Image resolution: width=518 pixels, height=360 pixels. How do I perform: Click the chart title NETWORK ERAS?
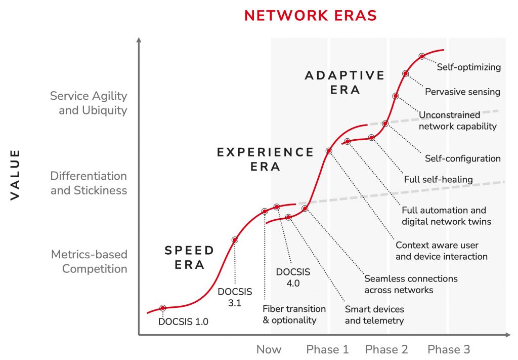pyautogui.click(x=310, y=15)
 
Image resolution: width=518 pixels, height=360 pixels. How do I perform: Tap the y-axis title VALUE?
pyautogui.click(x=15, y=174)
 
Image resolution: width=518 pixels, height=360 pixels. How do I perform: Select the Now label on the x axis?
pyautogui.click(x=269, y=349)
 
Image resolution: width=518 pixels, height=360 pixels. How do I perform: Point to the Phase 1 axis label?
pyautogui.click(x=327, y=349)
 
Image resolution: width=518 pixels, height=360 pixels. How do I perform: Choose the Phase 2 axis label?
pyautogui.click(x=386, y=349)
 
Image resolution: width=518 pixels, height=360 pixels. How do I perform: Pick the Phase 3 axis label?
pyautogui.click(x=448, y=349)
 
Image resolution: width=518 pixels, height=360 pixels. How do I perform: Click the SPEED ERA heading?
pyautogui.click(x=190, y=257)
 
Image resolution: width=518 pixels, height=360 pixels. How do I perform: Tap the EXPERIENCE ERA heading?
pyautogui.click(x=266, y=159)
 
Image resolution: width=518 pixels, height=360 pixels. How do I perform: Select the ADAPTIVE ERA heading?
pyautogui.click(x=345, y=83)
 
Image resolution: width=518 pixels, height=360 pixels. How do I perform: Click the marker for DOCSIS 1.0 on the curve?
pyautogui.click(x=163, y=308)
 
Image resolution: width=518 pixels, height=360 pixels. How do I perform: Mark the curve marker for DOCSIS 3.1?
pyautogui.click(x=234, y=239)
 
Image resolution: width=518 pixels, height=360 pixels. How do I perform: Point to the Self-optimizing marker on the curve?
pyautogui.click(x=422, y=56)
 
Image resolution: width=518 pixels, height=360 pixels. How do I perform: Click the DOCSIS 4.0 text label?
pyautogui.click(x=293, y=277)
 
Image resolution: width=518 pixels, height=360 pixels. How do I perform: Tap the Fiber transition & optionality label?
pyautogui.click(x=294, y=314)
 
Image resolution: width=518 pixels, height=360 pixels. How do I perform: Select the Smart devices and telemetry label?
pyautogui.click(x=374, y=314)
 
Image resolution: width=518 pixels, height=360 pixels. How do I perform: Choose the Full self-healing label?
pyautogui.click(x=438, y=179)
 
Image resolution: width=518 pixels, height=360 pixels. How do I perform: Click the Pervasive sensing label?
pyautogui.click(x=462, y=92)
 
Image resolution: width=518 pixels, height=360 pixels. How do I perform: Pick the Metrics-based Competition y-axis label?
pyautogui.click(x=89, y=261)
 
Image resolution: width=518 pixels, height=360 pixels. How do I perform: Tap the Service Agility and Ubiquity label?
pyautogui.click(x=89, y=103)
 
